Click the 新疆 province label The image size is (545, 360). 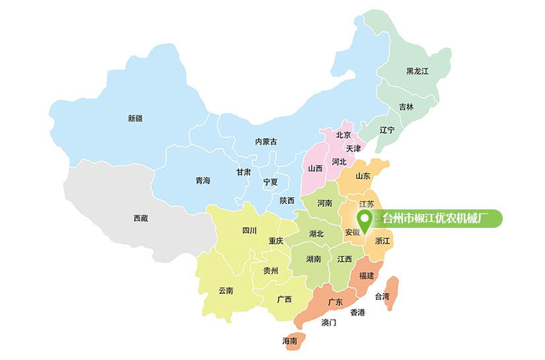coord(135,119)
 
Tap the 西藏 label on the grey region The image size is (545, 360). coord(140,218)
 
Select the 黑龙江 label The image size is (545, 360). coord(418,71)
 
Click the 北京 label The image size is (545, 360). coord(343,135)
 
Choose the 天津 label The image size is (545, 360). coord(353,149)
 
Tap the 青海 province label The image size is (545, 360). coord(202,180)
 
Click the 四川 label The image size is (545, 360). coord(249,231)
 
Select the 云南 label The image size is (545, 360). coord(226,291)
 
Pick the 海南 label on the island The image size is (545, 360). coord(289,341)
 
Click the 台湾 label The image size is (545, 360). coord(382,296)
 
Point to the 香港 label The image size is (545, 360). coord(357,312)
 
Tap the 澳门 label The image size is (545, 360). coord(328,322)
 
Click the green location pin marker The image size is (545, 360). coord(364,219)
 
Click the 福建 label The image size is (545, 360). coord(366,275)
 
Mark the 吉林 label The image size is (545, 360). coord(406,106)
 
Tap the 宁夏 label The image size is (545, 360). coord(270,182)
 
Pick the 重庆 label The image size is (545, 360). coord(275,241)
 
